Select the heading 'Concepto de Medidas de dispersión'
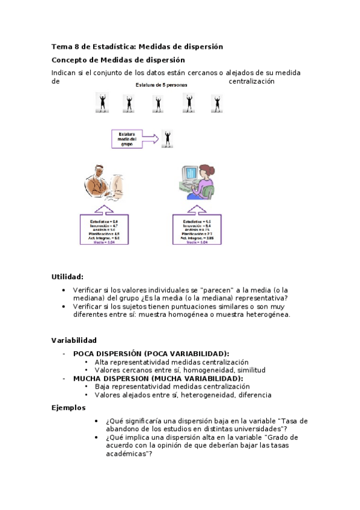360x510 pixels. tap(118, 60)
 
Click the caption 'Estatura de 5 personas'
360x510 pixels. tap(160, 85)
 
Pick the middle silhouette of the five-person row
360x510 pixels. tap(158, 103)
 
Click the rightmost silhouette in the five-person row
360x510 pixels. tap(216, 103)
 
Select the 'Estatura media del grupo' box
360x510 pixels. tap(128, 139)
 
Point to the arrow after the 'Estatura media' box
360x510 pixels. tap(153, 139)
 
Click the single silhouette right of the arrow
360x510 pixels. tap(168, 139)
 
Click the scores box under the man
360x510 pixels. tap(104, 229)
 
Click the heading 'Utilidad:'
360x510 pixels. tap(67, 277)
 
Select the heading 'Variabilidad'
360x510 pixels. tap(74, 340)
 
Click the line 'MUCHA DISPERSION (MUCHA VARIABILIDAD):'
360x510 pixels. tap(158, 379)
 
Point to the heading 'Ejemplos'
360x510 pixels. tap(69, 408)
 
